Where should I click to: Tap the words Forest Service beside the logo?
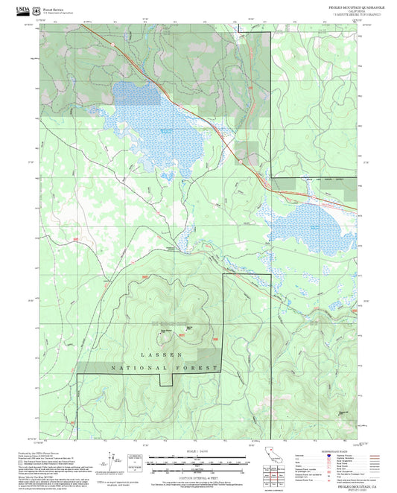54,8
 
